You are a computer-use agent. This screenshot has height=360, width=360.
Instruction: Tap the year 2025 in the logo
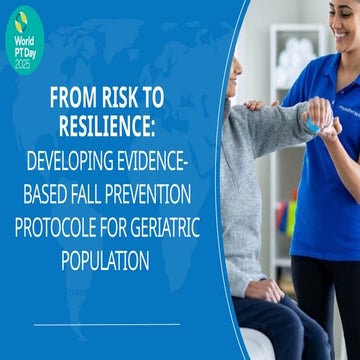point(22,63)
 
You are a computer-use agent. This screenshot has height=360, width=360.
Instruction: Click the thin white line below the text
point(105,324)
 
